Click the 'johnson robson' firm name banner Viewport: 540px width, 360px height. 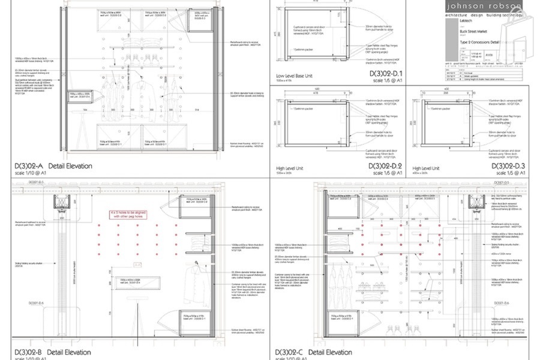click(x=484, y=6)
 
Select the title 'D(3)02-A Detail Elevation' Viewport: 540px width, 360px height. click(x=53, y=166)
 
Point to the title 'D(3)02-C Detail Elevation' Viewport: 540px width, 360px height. click(x=313, y=352)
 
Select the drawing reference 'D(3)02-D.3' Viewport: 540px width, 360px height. click(x=509, y=166)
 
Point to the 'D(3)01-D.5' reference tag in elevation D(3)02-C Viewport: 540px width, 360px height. click(x=502, y=182)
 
